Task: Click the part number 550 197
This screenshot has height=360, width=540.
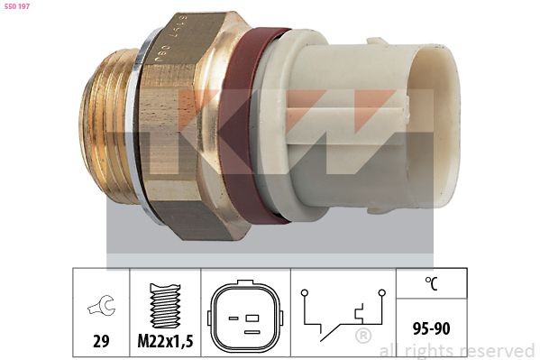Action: (x=18, y=6)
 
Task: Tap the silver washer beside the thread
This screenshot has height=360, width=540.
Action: (x=135, y=135)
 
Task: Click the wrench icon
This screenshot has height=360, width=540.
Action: (x=101, y=307)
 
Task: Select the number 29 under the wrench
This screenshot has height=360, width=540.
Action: (x=101, y=342)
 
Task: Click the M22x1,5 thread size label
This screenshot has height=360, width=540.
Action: (x=164, y=342)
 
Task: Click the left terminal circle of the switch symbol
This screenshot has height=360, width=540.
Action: (x=305, y=292)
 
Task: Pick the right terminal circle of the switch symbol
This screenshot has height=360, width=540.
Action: (x=381, y=292)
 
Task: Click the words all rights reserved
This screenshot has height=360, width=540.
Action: (x=457, y=351)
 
